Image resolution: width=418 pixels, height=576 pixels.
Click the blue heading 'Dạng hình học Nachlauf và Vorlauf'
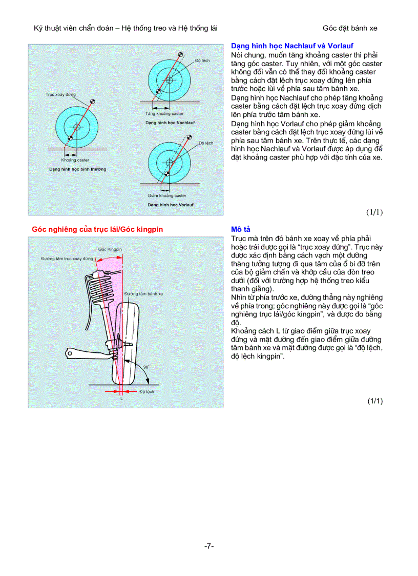point(292,46)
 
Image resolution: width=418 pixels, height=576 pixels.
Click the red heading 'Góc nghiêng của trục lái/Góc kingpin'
point(97,229)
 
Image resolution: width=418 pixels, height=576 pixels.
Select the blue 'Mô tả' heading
point(240,229)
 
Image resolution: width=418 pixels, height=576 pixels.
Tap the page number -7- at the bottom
point(208,546)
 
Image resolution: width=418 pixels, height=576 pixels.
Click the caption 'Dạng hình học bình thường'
point(77,169)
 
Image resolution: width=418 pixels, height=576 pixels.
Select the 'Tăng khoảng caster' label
point(164,113)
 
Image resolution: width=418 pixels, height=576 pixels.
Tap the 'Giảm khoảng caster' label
point(167,195)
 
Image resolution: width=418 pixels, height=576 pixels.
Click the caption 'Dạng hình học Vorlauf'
point(171,205)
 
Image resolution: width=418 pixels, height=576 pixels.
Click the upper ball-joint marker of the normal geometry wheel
point(92,102)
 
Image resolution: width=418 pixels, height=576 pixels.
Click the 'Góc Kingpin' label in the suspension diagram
point(110,249)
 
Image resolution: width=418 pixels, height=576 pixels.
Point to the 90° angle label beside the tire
point(146,367)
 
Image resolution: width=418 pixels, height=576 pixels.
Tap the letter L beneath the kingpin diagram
point(121,399)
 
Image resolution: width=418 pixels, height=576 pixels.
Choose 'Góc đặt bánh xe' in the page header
point(350,28)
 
